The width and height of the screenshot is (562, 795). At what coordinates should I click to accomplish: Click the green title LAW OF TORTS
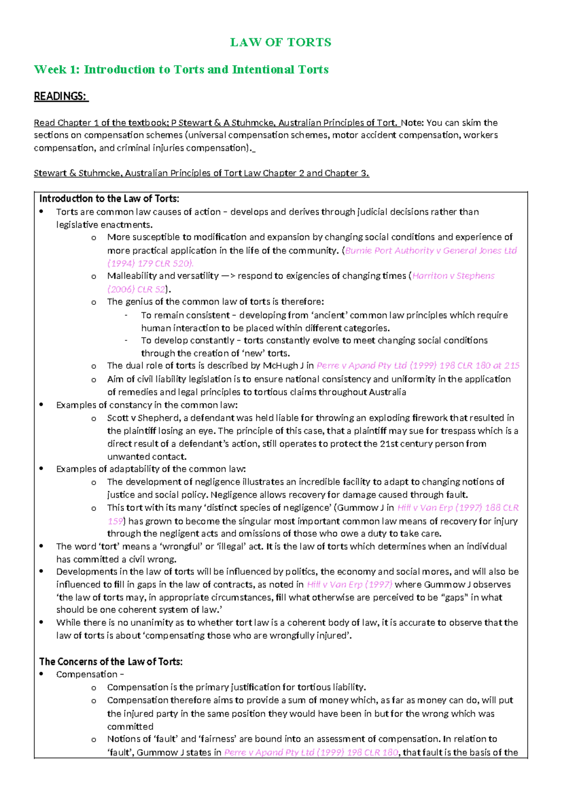click(281, 43)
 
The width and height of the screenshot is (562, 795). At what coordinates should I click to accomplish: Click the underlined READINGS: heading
click(60, 97)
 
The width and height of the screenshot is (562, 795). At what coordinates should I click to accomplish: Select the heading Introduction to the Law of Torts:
click(109, 199)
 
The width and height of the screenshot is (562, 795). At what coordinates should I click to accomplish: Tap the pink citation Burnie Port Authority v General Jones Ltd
click(431, 251)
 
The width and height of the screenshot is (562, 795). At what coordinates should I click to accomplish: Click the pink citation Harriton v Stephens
click(453, 276)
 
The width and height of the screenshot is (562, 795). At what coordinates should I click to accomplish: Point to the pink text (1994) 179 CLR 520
click(149, 263)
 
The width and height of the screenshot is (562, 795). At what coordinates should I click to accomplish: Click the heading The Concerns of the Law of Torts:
click(111, 662)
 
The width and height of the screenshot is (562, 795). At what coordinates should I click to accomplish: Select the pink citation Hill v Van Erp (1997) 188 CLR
click(458, 508)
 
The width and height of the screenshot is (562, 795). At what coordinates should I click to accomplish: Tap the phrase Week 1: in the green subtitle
click(57, 70)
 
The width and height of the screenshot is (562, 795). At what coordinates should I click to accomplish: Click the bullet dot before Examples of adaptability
click(42, 469)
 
